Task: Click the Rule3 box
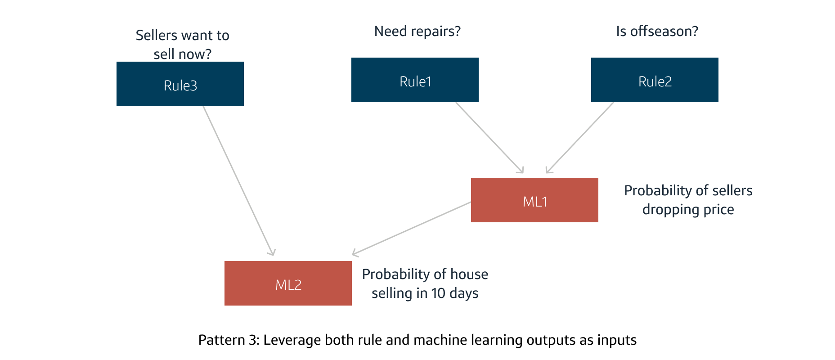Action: pos(180,84)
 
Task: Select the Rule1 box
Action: pos(415,80)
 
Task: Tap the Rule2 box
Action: pos(655,80)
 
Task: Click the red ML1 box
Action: pos(534,200)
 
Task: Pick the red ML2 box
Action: pos(288,283)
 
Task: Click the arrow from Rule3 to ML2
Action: pos(238,180)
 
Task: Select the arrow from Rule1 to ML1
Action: pos(489,137)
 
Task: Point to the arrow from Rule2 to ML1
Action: pos(580,137)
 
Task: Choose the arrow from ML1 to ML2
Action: pos(412,229)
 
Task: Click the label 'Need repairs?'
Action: pos(417,31)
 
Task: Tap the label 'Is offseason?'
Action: pos(657,31)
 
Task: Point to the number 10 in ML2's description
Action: pos(438,293)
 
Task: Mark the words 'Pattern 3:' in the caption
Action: pos(229,340)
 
